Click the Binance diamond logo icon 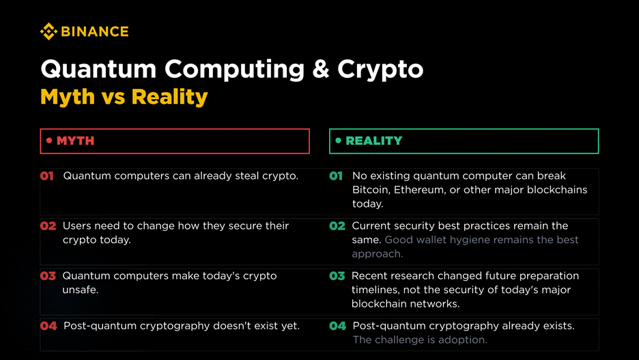[x=48, y=31]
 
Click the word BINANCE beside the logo [x=95, y=32]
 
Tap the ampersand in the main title [x=321, y=68]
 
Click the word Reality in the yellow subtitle [x=169, y=98]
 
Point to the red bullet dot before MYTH [x=49, y=141]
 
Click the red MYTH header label [x=75, y=141]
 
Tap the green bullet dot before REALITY [x=338, y=141]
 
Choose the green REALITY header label [x=374, y=141]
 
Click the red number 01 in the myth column [x=47, y=176]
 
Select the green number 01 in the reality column [x=336, y=176]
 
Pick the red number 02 [x=48, y=226]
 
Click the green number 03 [x=337, y=276]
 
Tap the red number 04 [x=48, y=326]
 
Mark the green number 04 [x=337, y=326]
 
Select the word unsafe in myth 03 [x=81, y=290]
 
